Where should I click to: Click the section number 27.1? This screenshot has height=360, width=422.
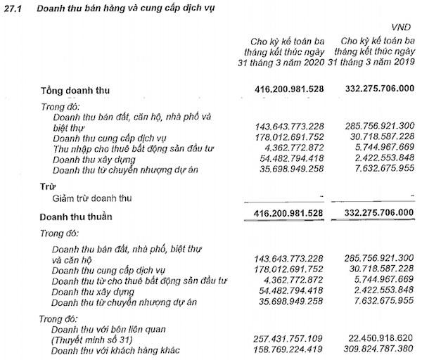tap(14, 8)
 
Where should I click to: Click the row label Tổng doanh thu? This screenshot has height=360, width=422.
tap(75, 91)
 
